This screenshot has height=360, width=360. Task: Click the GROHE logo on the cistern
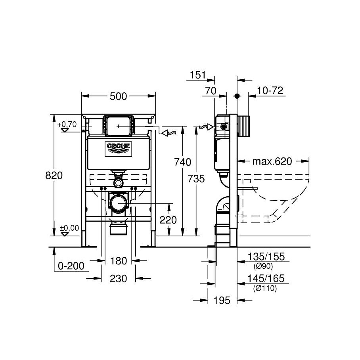(119, 149)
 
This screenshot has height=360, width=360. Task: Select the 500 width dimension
(118, 97)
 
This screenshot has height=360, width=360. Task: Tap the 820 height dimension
(54, 176)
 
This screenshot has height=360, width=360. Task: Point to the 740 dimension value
(182, 162)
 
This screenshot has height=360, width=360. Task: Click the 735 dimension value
(196, 179)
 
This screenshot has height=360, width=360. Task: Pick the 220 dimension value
(168, 220)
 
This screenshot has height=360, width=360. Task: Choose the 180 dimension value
(119, 261)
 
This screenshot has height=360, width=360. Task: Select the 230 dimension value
(119, 278)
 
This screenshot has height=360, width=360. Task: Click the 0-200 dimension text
(71, 266)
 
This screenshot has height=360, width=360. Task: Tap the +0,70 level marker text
(67, 124)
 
